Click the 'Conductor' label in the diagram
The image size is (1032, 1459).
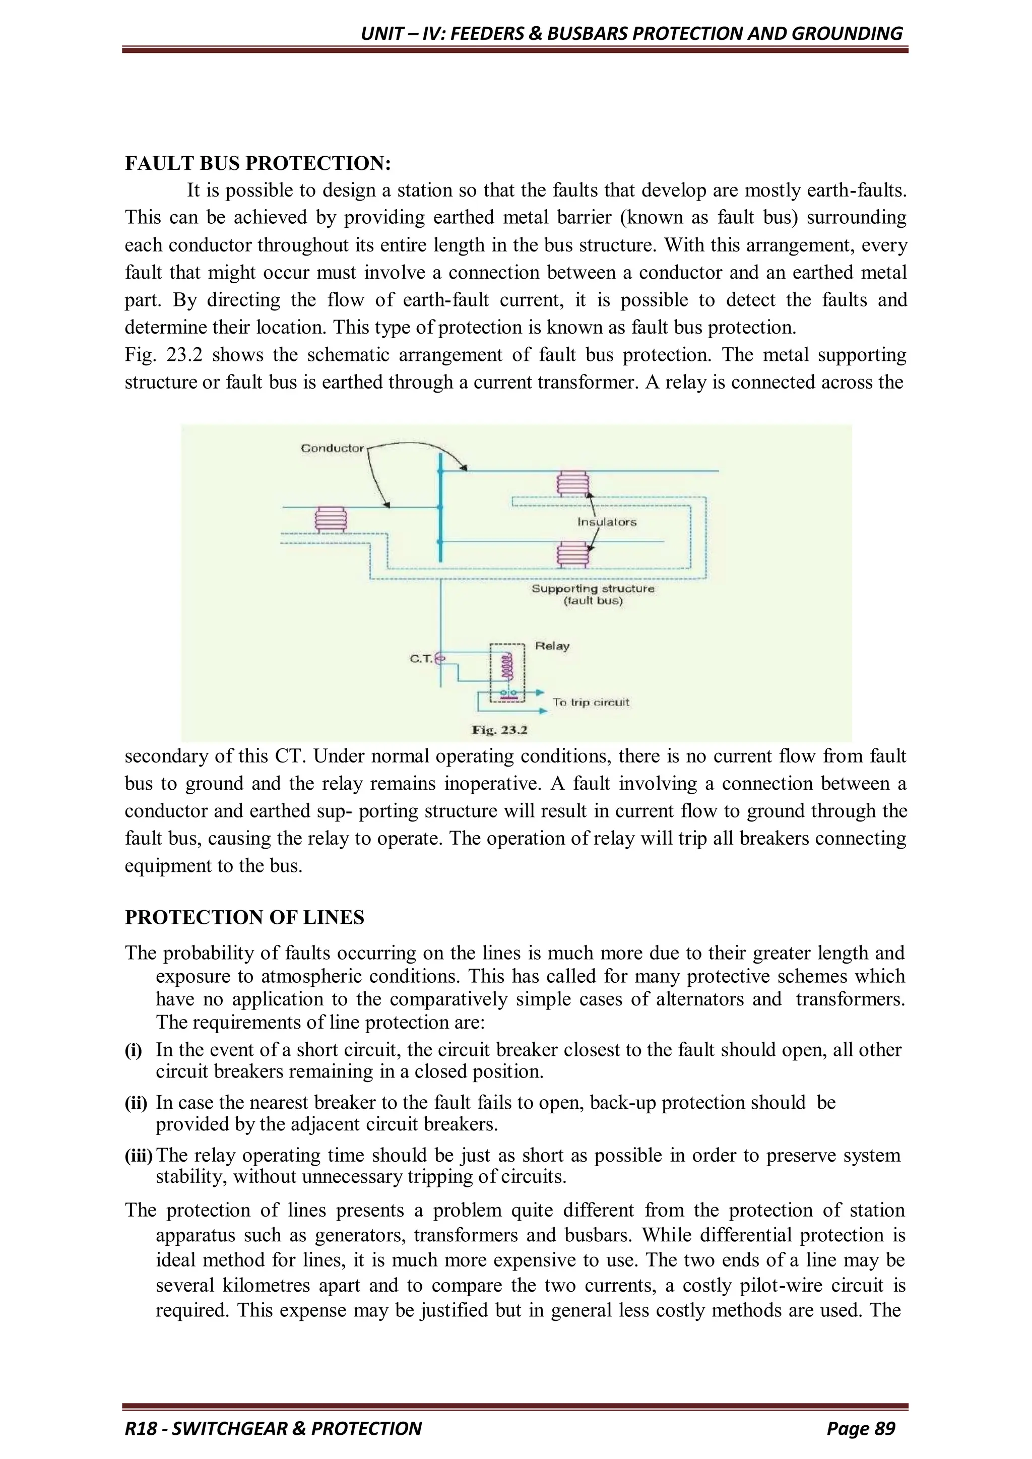(332, 448)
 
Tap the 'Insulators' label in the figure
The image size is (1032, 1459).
(606, 522)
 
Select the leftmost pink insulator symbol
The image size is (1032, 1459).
(331, 519)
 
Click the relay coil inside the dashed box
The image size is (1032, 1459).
(506, 666)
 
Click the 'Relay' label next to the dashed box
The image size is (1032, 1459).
(552, 646)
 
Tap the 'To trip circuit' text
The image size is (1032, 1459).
(591, 702)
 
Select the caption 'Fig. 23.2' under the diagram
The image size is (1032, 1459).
(499, 730)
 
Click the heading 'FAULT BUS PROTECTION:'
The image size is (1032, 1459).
(257, 163)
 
